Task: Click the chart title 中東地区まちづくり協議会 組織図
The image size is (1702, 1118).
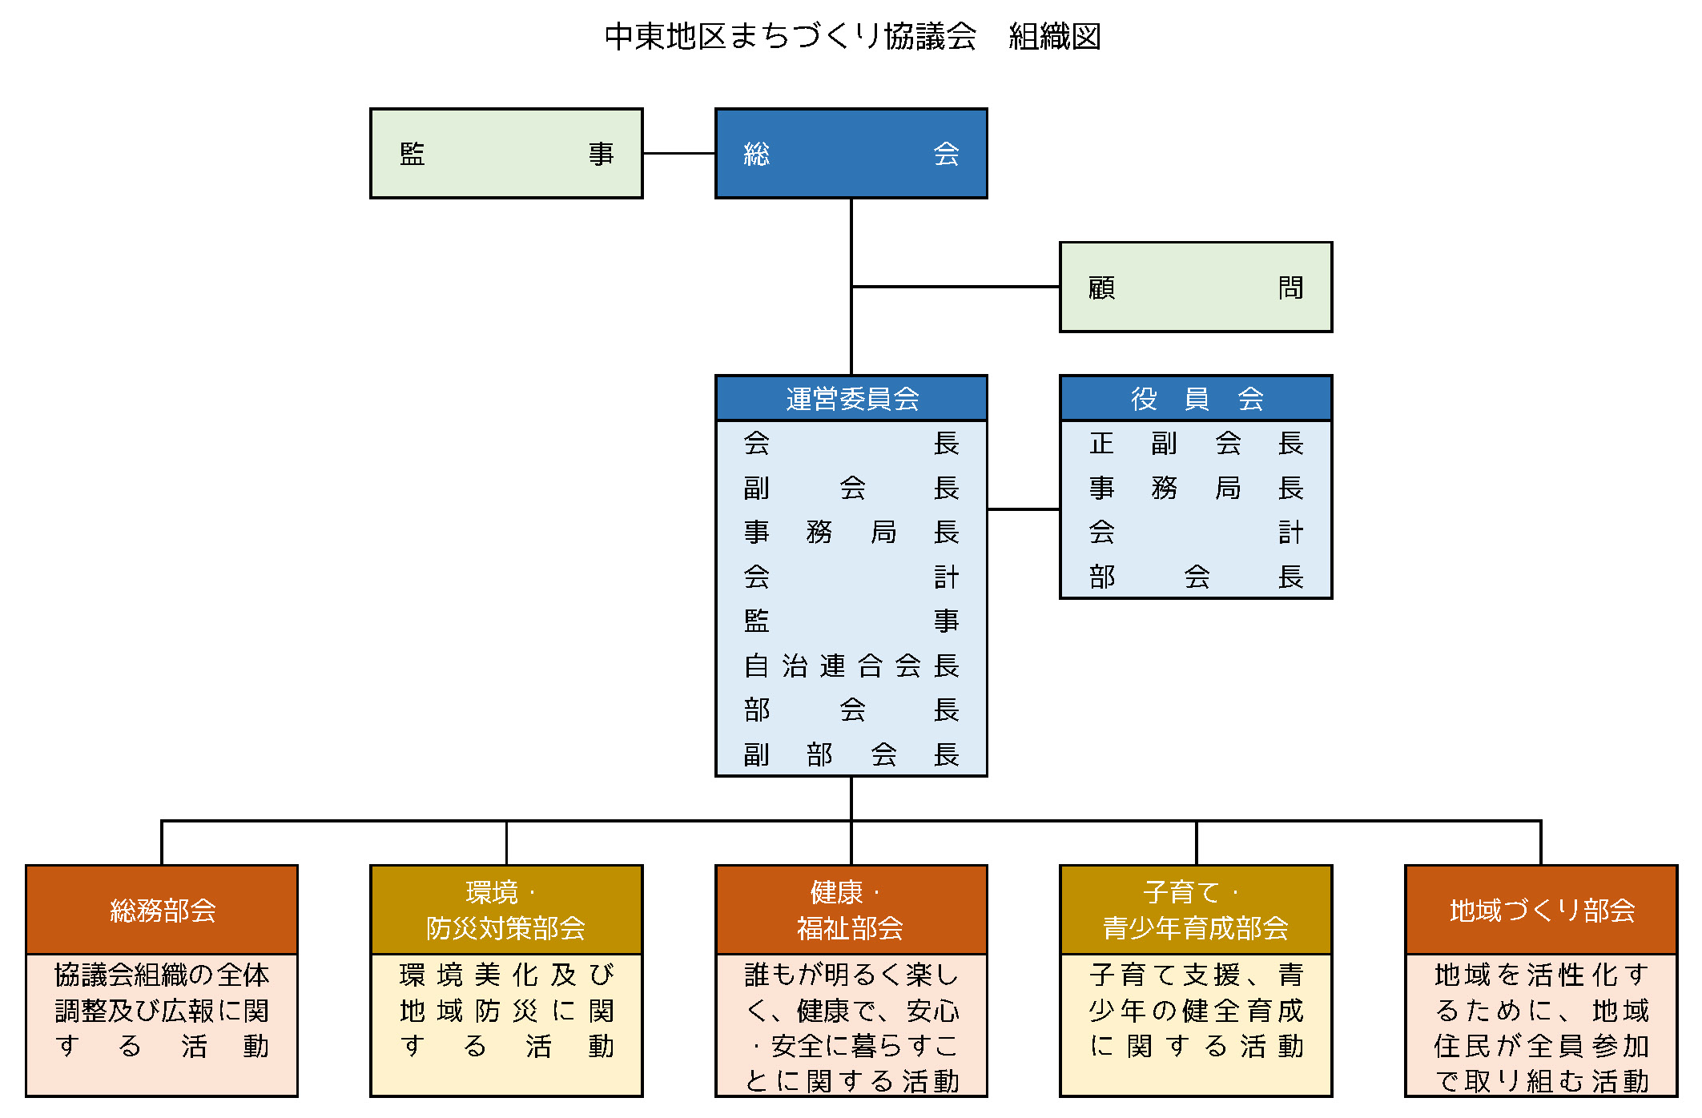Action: [852, 37]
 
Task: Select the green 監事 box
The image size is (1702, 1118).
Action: [506, 154]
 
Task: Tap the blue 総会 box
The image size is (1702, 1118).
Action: [851, 154]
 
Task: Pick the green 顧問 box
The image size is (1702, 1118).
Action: [1195, 288]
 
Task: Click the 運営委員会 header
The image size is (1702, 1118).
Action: [851, 398]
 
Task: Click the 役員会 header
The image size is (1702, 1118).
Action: [1195, 398]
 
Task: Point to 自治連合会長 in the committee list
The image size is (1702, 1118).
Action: [851, 666]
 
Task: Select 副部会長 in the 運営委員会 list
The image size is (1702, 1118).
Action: [851, 754]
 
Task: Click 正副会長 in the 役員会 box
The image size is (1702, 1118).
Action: [1195, 443]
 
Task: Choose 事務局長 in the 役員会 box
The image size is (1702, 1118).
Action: [1195, 488]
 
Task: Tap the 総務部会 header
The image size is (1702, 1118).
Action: [162, 911]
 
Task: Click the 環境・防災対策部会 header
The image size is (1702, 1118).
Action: [506, 911]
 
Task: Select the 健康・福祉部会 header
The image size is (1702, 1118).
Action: [851, 911]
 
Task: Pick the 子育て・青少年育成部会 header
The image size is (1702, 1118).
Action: [1195, 911]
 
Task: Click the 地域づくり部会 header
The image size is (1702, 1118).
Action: [1541, 911]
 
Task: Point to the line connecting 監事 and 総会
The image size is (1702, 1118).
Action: [678, 153]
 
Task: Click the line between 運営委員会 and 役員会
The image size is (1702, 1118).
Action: [1023, 509]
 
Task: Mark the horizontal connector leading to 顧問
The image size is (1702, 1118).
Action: [955, 286]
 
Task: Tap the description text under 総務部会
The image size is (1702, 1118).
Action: [162, 1011]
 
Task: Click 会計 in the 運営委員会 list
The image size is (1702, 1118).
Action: [851, 577]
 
